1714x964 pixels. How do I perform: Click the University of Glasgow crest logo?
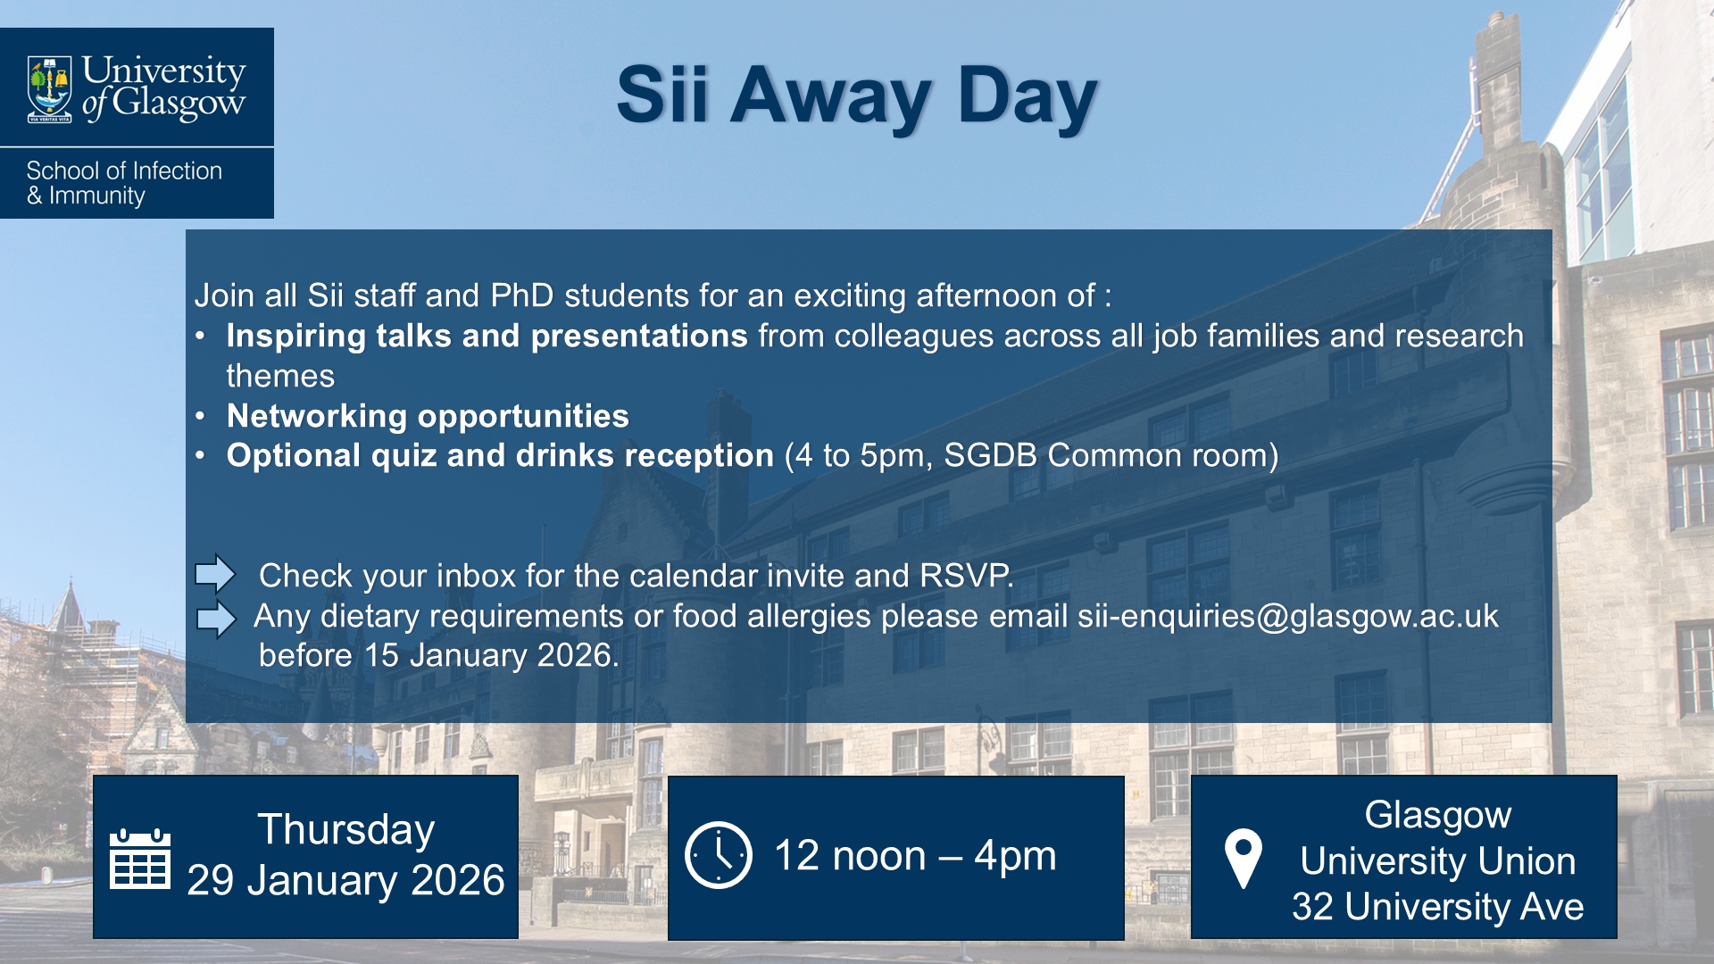click(50, 89)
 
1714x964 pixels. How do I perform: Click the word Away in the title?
click(830, 96)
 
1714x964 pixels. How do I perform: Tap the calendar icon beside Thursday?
click(139, 859)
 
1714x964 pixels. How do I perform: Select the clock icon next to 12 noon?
click(719, 855)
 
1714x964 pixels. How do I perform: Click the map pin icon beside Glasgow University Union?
click(1243, 859)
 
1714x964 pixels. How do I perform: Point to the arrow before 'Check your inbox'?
click(215, 574)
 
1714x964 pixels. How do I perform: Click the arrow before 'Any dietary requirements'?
click(215, 618)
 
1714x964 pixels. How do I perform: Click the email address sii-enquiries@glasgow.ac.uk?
click(1287, 616)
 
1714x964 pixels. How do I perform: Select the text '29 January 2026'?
click(345, 880)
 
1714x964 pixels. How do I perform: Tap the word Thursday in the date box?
click(345, 829)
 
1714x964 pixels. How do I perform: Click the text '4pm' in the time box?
click(1015, 856)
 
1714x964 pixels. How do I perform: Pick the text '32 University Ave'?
click(1437, 907)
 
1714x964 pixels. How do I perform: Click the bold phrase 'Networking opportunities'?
click(428, 416)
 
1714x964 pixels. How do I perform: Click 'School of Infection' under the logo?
click(124, 170)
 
